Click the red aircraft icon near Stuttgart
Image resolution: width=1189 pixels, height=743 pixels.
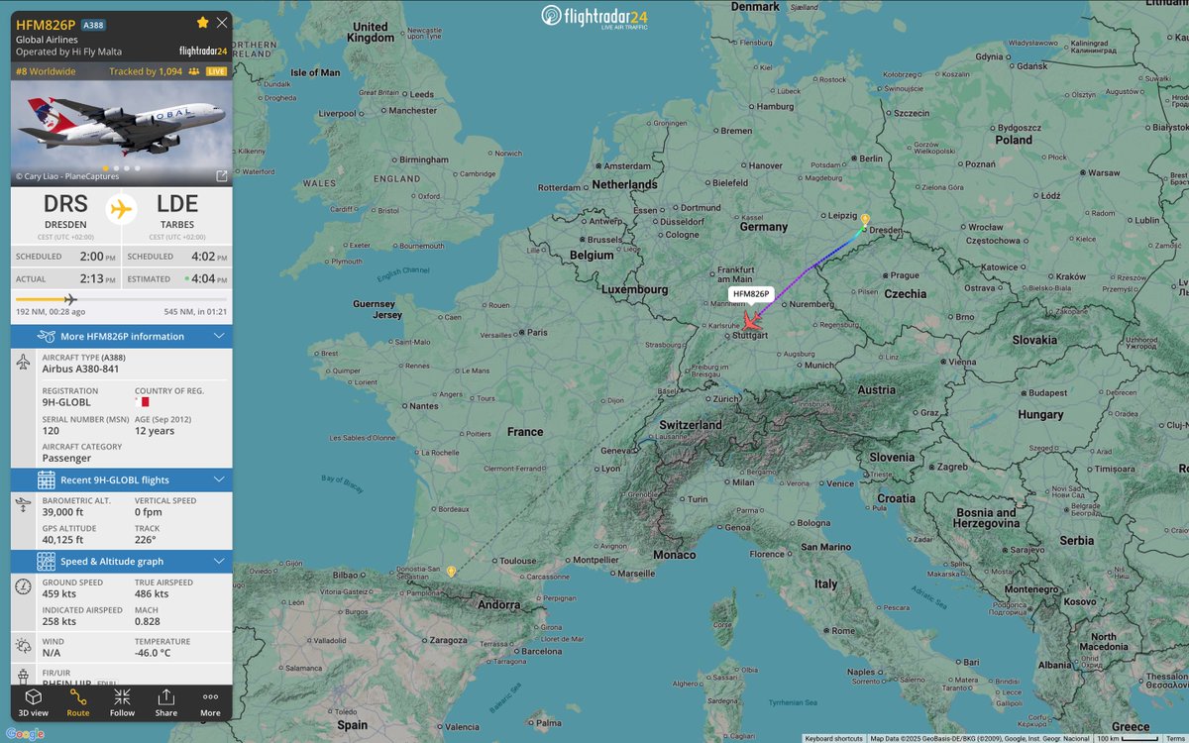click(752, 322)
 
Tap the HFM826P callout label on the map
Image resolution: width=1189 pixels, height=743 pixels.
click(750, 294)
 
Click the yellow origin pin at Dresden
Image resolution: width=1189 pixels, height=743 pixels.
click(865, 219)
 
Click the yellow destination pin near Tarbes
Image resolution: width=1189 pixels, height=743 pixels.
click(451, 572)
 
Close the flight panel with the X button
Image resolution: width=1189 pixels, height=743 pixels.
click(221, 22)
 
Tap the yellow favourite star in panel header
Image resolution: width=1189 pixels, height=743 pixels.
click(203, 22)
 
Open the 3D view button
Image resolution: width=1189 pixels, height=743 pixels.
click(33, 701)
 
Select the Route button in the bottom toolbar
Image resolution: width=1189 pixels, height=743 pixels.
click(77, 701)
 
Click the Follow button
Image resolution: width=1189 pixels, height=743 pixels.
click(122, 701)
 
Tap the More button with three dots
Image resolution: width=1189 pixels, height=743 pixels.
click(210, 701)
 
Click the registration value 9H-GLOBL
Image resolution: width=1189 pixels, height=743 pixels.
click(66, 403)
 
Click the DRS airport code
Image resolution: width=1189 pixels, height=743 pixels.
click(66, 205)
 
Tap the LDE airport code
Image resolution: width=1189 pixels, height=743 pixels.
click(177, 205)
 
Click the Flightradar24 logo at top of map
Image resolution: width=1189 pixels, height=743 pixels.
click(594, 17)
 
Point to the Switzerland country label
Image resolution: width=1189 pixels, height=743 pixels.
click(691, 425)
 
